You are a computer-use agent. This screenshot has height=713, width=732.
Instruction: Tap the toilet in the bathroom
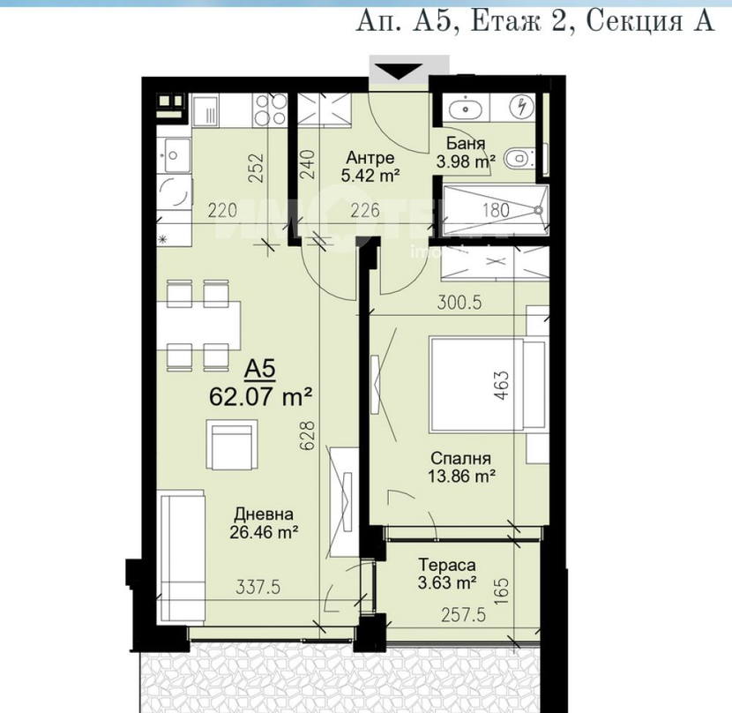(519, 158)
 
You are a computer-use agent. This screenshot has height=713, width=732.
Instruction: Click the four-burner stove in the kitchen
(270, 109)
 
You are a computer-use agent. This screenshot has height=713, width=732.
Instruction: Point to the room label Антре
(370, 158)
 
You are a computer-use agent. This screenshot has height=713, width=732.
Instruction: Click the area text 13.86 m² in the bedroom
(461, 477)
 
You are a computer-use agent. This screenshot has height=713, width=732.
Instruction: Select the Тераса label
(447, 565)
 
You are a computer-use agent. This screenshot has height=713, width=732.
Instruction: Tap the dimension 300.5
(459, 303)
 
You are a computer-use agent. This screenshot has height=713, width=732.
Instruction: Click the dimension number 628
(308, 435)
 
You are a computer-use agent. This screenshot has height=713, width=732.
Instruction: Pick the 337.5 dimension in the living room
(258, 587)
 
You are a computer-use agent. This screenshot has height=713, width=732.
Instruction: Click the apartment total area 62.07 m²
(260, 398)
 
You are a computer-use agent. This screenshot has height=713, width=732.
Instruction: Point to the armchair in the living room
(232, 445)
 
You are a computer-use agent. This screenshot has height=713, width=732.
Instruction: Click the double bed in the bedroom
(488, 385)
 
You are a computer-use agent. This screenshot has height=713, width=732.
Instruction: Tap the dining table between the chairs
(198, 326)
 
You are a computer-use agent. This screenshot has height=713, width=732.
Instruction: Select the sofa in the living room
(182, 556)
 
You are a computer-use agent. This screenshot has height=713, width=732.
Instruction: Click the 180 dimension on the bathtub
(496, 210)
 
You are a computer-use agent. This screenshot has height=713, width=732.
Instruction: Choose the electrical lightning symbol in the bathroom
(522, 107)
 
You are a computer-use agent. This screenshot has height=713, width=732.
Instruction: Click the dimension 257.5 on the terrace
(463, 615)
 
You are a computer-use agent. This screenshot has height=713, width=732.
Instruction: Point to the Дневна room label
(264, 514)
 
